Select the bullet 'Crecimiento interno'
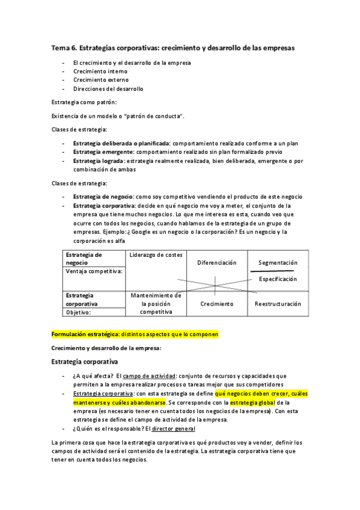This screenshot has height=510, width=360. (100, 71)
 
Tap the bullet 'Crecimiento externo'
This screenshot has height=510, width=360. (100, 80)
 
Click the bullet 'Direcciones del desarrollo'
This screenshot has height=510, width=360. (108, 89)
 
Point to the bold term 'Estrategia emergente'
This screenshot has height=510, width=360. (103, 152)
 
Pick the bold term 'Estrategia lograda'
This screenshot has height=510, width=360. (99, 161)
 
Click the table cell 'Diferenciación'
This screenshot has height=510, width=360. (216, 263)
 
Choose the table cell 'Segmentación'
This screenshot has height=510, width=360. (278, 263)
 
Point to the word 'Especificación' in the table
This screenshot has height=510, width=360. (278, 279)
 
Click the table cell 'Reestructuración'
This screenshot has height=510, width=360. (278, 304)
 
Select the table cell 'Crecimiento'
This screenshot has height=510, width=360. (216, 304)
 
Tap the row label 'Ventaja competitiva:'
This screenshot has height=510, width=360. (94, 271)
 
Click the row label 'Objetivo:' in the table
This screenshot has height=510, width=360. (78, 313)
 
